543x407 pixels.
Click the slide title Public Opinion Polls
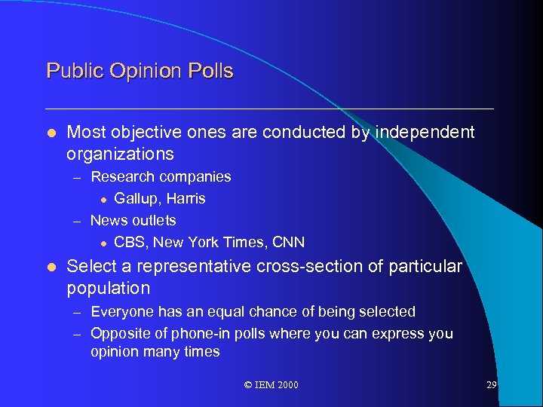tap(140, 72)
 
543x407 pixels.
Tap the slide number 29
tap(491, 385)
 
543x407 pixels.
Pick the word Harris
tap(187, 199)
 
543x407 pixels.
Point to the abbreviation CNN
tap(287, 243)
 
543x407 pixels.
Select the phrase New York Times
tap(209, 243)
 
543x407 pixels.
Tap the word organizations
tap(121, 155)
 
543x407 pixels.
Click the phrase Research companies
tap(161, 177)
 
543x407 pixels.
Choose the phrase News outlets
tap(133, 221)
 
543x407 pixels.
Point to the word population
tap(109, 289)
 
